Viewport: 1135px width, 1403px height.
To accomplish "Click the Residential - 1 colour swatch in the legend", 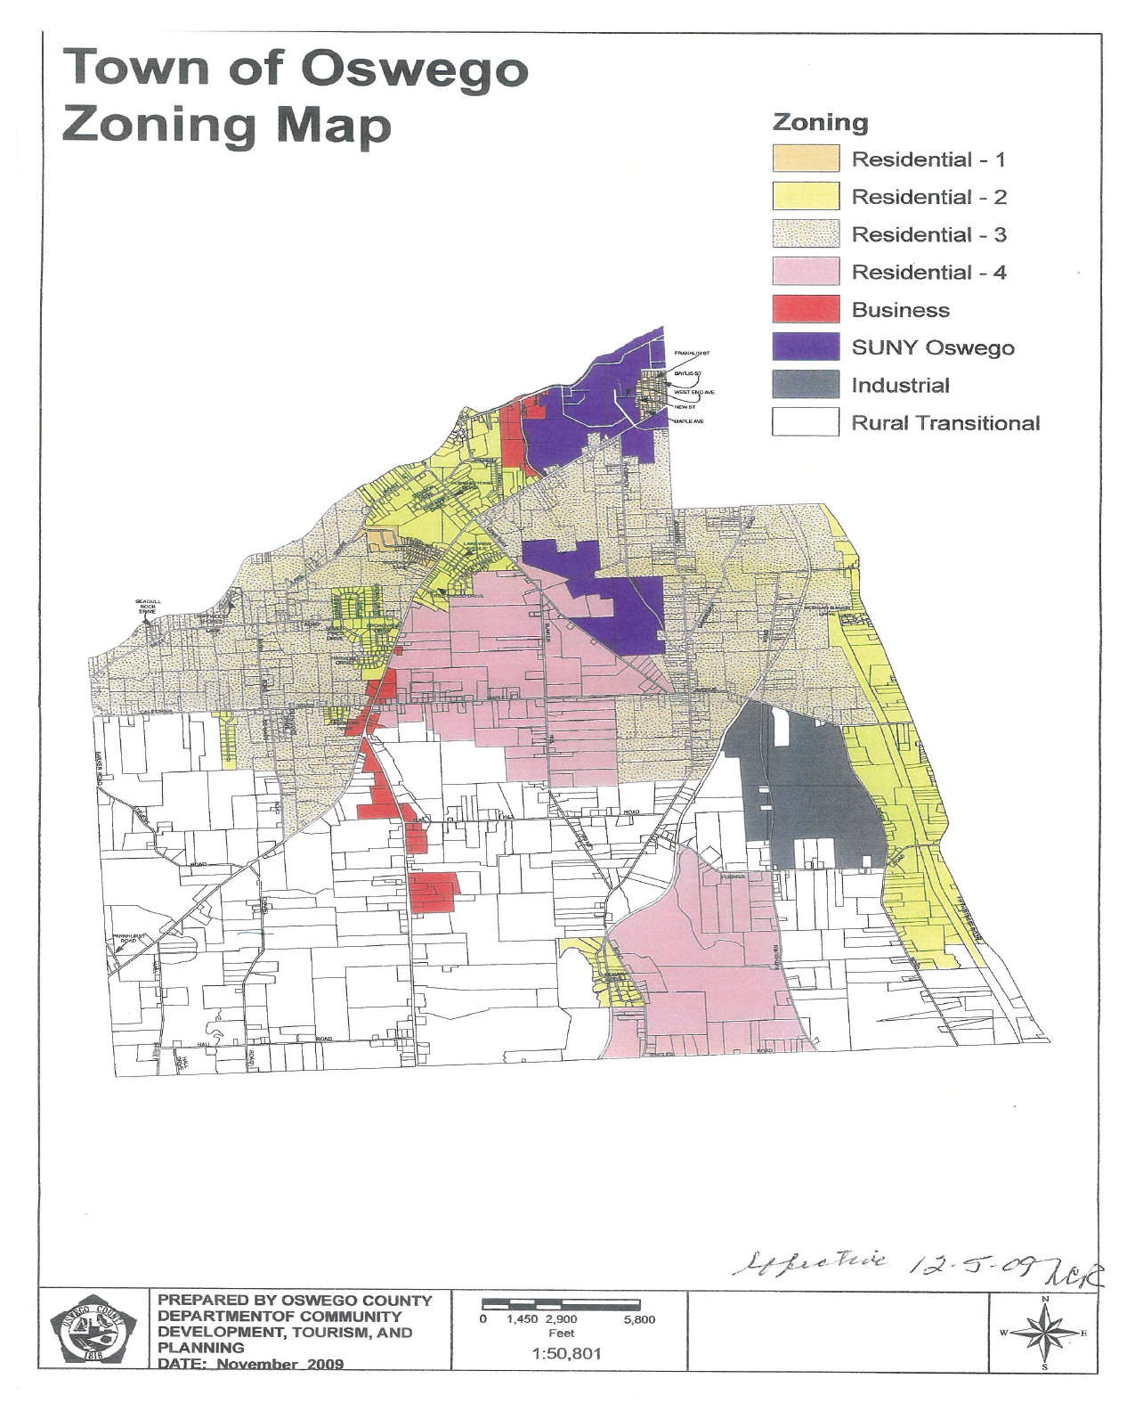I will (805, 159).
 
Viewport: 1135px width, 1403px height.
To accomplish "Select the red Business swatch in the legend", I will (805, 309).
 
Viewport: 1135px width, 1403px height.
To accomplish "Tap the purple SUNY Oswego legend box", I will (805, 347).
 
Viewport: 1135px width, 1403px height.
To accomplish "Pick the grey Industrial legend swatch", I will (805, 385).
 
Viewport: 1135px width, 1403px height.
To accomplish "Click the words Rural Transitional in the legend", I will (944, 423).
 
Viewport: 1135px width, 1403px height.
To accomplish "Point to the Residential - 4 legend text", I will (928, 273).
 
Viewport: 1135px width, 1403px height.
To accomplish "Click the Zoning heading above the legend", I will (820, 122).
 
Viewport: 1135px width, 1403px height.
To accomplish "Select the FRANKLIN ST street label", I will (692, 354).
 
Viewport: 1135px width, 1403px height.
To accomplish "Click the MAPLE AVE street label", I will (689, 420).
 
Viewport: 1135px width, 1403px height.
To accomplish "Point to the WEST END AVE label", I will (694, 392).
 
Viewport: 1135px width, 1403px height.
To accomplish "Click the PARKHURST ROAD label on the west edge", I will (129, 937).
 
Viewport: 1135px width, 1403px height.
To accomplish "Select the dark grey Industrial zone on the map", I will (801, 793).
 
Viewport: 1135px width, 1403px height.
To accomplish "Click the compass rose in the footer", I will (1044, 1333).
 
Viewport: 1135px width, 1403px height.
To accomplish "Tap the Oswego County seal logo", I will (93, 1333).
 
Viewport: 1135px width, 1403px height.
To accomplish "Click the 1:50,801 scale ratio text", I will (566, 1353).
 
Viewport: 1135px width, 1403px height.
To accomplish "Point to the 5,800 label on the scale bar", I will (639, 1319).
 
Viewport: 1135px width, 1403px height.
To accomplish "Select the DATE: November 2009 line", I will (250, 1364).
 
